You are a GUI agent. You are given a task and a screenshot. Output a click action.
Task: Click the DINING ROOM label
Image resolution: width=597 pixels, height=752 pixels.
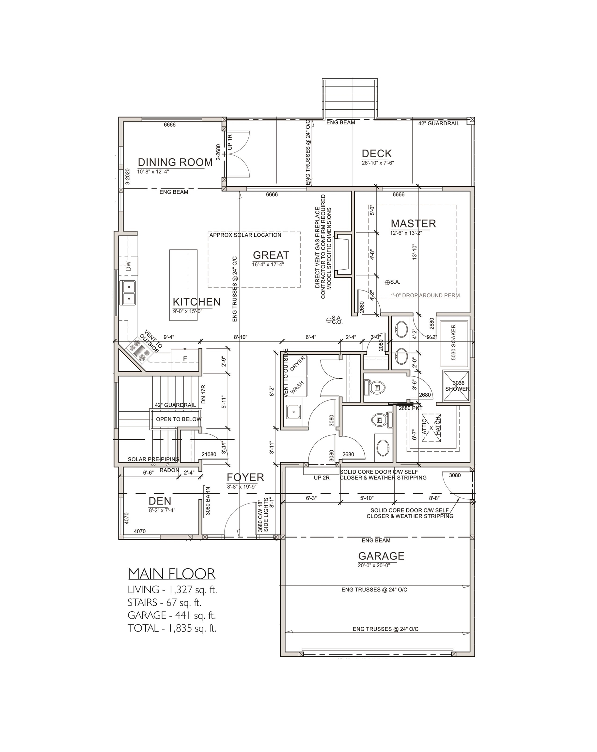[175, 162]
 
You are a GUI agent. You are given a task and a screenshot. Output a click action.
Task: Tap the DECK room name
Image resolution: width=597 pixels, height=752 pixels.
[377, 153]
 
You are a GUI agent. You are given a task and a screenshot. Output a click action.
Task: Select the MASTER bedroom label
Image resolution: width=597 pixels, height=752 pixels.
[413, 224]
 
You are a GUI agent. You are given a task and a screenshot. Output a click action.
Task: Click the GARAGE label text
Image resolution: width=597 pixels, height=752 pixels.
[381, 556]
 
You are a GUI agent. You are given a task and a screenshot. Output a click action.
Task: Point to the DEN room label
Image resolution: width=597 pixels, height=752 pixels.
[160, 501]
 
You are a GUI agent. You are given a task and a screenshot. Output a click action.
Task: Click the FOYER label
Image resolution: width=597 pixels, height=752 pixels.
[245, 477]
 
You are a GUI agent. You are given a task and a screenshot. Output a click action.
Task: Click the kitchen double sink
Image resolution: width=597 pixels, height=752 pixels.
[128, 293]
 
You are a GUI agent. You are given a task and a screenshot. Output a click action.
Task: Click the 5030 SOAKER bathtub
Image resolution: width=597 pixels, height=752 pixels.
[454, 342]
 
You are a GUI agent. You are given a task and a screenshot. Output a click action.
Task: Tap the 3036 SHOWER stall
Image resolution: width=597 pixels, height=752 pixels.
[456, 386]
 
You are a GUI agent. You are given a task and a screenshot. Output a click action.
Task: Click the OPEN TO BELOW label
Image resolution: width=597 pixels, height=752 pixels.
[179, 419]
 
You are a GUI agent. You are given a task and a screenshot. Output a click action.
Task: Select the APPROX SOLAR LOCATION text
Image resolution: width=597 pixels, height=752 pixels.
[245, 235]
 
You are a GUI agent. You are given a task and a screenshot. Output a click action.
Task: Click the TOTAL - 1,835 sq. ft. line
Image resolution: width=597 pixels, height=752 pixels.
[172, 629]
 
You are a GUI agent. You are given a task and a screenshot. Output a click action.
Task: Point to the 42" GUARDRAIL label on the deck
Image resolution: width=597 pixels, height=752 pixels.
[439, 123]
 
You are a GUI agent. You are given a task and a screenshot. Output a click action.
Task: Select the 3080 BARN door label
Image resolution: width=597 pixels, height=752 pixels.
[208, 501]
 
